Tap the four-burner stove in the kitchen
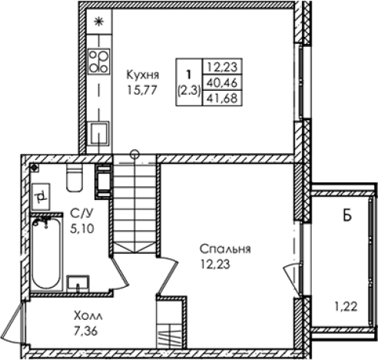click(x=98, y=60)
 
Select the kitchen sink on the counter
click(x=98, y=134)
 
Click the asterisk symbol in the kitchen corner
click(x=98, y=22)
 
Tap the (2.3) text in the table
click(x=187, y=90)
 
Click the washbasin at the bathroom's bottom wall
click(x=78, y=282)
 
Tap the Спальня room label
click(x=225, y=249)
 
